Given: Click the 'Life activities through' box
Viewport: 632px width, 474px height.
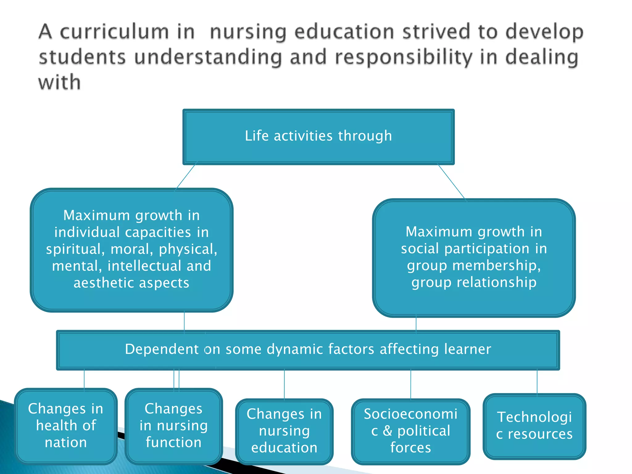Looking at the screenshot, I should tap(318, 136).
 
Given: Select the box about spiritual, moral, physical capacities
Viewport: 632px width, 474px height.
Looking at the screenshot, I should tap(131, 249).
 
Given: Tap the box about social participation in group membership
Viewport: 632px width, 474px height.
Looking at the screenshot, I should tap(474, 257).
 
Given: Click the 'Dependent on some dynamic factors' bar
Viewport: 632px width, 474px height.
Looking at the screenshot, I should tap(308, 350).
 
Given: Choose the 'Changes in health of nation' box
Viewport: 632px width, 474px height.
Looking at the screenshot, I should tap(66, 426).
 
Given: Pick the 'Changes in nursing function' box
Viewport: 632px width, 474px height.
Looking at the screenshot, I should tap(173, 426).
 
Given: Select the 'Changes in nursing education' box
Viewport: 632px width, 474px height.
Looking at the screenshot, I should tap(284, 431).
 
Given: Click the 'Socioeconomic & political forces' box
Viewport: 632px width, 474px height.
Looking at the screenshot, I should tap(410, 431).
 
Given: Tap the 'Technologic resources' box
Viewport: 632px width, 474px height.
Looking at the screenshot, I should tap(534, 426).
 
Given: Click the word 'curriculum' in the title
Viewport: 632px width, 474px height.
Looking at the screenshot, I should tap(114, 32).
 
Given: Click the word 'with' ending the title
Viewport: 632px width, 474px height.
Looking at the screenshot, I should tap(60, 83).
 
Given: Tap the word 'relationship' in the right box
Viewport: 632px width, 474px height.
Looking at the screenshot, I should tap(497, 282).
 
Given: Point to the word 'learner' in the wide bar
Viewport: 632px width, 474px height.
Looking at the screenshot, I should tap(468, 349).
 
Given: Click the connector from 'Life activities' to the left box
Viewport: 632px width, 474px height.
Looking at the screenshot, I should tap(186, 177).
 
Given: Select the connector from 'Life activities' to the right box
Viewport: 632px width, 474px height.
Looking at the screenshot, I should tap(451, 182).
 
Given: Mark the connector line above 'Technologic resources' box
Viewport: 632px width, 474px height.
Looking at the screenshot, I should tap(537, 382).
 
